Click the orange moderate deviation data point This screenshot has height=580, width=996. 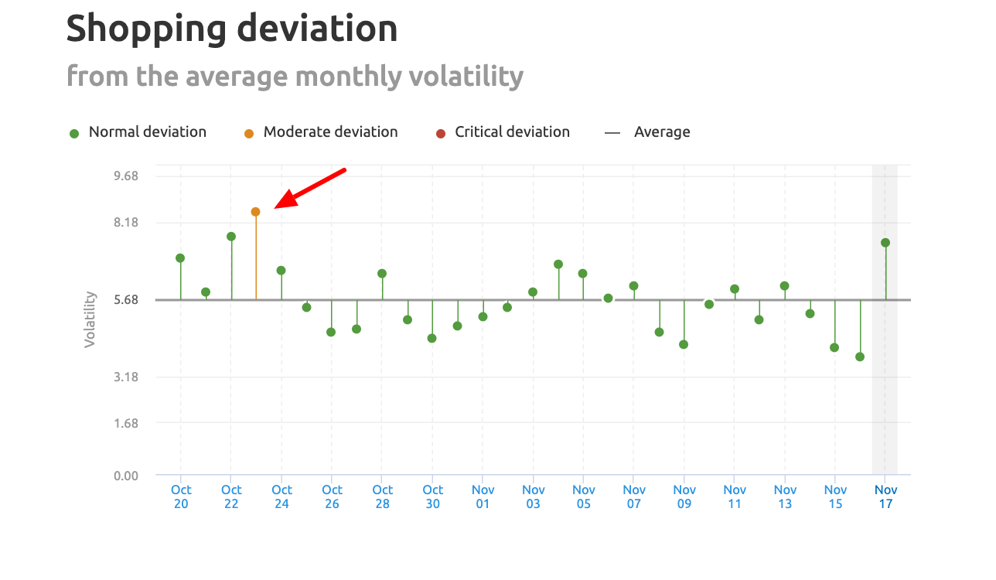[255, 212]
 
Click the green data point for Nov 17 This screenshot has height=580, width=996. [885, 243]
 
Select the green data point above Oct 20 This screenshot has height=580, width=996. [180, 258]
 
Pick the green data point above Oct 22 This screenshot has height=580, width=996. [231, 237]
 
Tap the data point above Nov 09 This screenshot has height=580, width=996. [684, 345]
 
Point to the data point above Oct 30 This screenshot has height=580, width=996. [432, 339]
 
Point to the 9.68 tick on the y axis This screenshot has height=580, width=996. [125, 176]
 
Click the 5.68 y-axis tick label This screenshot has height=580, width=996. [125, 300]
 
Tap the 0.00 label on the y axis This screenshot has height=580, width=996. [125, 476]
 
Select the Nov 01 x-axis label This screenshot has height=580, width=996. [483, 496]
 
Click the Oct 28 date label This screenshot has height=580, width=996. [382, 496]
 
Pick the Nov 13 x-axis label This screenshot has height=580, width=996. [785, 496]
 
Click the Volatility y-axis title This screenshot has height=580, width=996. [90, 319]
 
